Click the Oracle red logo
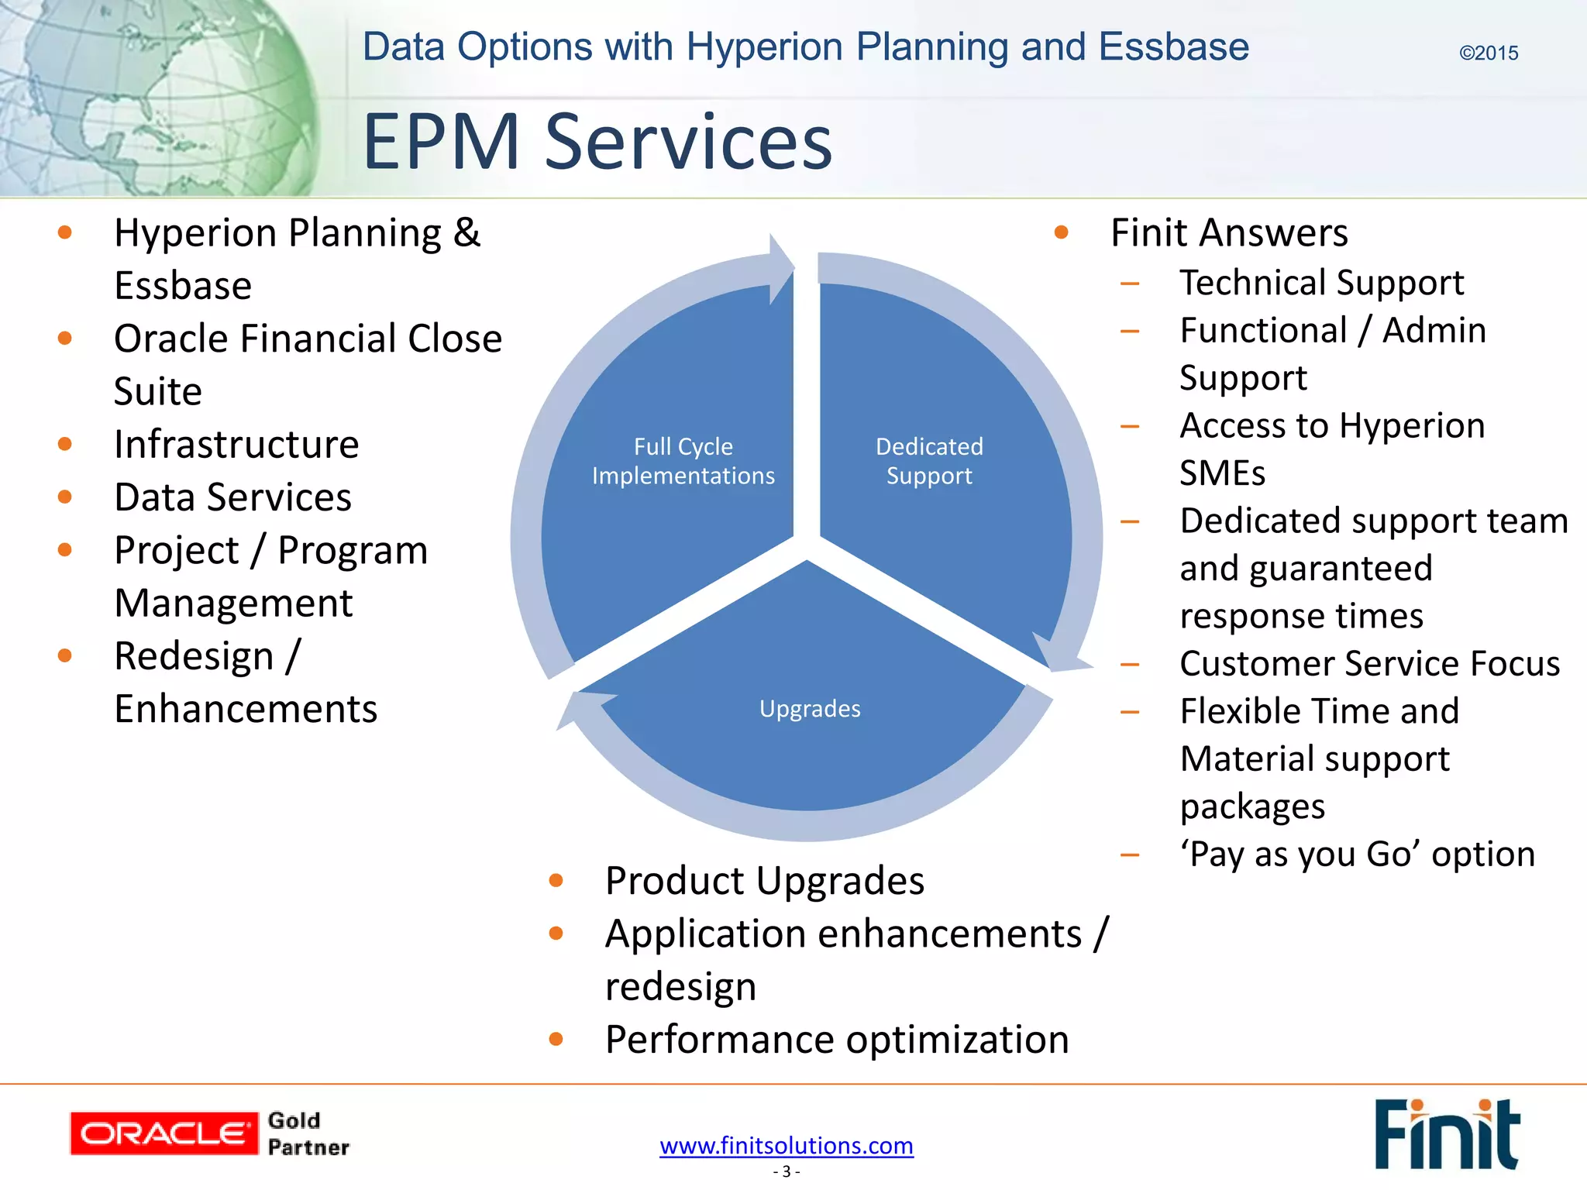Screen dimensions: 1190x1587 tap(164, 1133)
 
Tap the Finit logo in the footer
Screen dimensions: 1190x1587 tap(1446, 1133)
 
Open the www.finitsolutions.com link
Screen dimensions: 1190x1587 tap(786, 1145)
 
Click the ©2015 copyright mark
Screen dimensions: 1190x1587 tap(1488, 53)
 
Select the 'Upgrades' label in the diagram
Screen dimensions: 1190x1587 tap(810, 708)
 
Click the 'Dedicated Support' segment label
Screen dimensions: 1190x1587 tap(929, 461)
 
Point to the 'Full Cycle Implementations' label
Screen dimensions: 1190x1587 tap(683, 461)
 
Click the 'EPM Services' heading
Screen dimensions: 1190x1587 tap(597, 142)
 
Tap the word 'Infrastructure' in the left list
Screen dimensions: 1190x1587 tap(236, 444)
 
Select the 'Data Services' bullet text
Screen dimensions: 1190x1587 tap(232, 497)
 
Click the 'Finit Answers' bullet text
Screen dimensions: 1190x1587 tap(1229, 232)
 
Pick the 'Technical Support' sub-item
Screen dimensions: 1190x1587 tap(1321, 282)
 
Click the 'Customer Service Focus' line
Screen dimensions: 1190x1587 tap(1369, 663)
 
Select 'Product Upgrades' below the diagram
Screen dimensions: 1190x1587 tap(764, 881)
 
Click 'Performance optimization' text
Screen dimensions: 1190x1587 tap(837, 1039)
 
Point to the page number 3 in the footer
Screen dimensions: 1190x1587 tap(786, 1171)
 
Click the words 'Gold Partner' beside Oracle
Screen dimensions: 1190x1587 tap(308, 1133)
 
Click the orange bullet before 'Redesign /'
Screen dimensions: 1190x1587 tap(65, 655)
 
